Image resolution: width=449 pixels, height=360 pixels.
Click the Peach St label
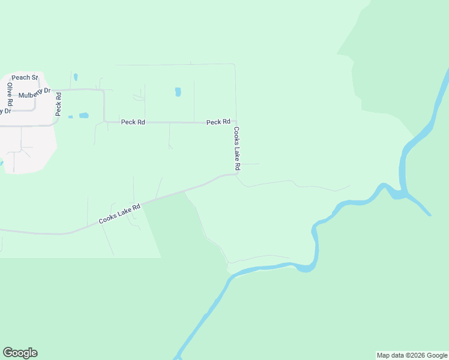pos(25,77)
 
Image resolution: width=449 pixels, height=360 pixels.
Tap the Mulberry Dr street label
pos(34,95)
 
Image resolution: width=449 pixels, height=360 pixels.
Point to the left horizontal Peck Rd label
pos(133,122)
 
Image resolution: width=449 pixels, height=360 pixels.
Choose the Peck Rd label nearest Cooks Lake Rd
pos(218,122)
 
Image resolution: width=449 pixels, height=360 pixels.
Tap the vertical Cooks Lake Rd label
pos(237,148)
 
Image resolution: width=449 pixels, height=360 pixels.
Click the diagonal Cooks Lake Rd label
pos(119,214)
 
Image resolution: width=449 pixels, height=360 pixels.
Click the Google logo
pos(20,353)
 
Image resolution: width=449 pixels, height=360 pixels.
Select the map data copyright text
pos(412,355)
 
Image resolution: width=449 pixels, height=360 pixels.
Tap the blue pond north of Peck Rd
pos(178,92)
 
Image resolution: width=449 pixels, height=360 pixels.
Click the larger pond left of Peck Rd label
pos(83,115)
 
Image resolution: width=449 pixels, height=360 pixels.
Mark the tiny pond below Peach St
pos(76,77)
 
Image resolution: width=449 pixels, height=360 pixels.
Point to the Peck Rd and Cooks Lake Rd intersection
pos(235,122)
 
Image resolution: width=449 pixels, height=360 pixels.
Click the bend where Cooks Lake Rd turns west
pos(236,175)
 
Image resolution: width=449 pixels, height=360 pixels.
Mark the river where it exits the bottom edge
pos(178,356)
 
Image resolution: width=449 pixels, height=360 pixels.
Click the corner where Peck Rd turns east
pos(105,121)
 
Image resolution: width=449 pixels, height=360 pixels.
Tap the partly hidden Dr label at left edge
pos(6,111)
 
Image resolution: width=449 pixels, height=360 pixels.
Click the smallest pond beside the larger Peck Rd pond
pos(70,116)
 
